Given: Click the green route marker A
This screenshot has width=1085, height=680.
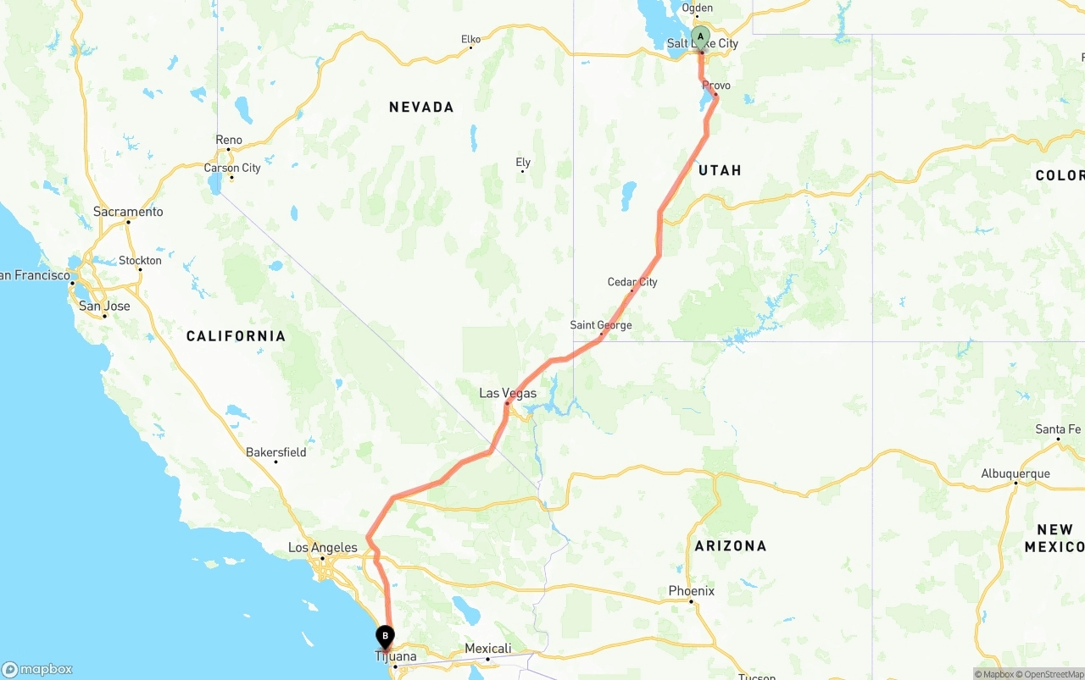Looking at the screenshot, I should [x=700, y=36].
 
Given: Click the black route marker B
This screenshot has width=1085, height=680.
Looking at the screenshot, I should [x=385, y=635].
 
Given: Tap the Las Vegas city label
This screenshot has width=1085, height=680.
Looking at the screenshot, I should [x=508, y=393].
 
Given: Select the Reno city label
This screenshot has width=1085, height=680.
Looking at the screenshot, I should [x=229, y=140].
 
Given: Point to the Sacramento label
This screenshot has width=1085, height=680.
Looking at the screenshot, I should [x=128, y=212].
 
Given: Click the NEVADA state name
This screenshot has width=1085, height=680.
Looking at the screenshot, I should [x=421, y=107].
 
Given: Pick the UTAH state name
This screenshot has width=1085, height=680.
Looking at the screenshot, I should [x=720, y=170].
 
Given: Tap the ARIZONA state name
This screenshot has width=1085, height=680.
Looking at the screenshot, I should [x=730, y=546].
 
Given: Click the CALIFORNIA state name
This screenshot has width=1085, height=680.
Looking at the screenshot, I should [x=236, y=336].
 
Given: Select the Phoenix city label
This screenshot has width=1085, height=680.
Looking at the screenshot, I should [x=691, y=591].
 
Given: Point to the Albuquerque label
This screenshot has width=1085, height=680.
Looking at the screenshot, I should [x=1015, y=474].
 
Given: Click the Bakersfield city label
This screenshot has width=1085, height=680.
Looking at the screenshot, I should [x=276, y=452].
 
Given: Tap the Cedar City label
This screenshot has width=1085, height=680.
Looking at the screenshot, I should [x=632, y=282].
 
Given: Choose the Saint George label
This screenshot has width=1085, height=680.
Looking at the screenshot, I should [x=601, y=325].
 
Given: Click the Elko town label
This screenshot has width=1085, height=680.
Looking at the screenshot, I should [x=470, y=39].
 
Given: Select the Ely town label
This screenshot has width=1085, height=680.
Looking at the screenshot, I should [x=523, y=163].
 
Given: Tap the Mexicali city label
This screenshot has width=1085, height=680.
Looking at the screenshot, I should [x=488, y=649].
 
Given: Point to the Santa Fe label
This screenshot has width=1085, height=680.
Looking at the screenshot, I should [x=1058, y=429].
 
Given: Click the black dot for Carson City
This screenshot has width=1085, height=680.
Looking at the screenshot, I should [x=231, y=177].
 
